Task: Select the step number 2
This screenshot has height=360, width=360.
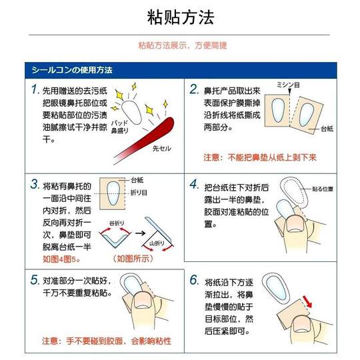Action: point(194,89)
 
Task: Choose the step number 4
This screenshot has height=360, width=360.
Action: point(194,183)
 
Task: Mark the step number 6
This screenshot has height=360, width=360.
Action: point(194,279)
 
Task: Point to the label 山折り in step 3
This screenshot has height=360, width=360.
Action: point(156,245)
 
